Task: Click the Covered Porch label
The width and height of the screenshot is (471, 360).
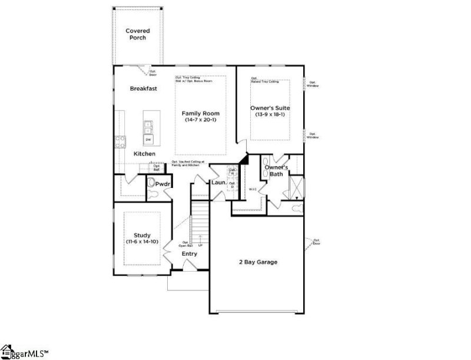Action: [x=137, y=34]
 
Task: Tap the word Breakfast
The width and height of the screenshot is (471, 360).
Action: [x=144, y=88]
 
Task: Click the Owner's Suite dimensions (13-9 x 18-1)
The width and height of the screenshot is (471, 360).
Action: [x=271, y=114]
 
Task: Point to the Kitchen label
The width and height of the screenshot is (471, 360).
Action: [x=144, y=154]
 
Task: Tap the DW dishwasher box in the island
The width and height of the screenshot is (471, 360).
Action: [x=148, y=139]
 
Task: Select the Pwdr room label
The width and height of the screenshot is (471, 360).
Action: [x=162, y=184]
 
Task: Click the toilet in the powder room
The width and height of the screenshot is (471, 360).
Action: [x=154, y=184]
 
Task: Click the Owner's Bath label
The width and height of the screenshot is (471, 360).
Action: [x=276, y=171]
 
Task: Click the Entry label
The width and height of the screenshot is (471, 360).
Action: [x=190, y=254]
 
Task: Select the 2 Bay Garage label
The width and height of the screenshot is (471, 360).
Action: [x=258, y=262]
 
